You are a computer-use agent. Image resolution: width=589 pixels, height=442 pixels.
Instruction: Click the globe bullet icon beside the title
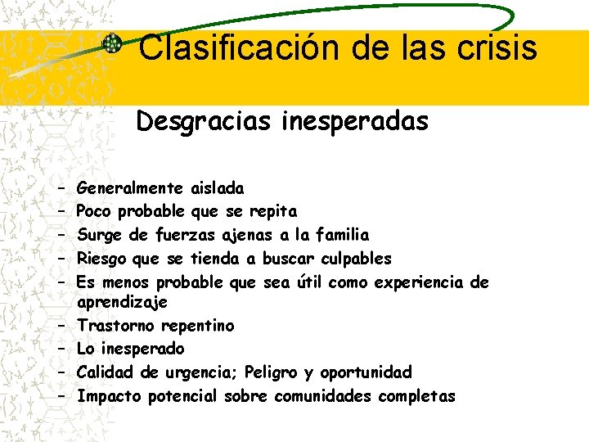tap(113, 46)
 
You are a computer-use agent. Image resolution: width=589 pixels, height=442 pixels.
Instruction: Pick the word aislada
tap(216, 188)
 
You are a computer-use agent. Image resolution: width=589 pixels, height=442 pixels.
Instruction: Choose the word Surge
tap(100, 235)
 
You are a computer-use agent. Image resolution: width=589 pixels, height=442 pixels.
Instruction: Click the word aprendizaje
tap(122, 302)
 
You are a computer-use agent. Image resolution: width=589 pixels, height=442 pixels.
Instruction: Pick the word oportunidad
tap(366, 372)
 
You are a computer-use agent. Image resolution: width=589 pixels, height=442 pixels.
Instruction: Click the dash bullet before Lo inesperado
tap(61, 350)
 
